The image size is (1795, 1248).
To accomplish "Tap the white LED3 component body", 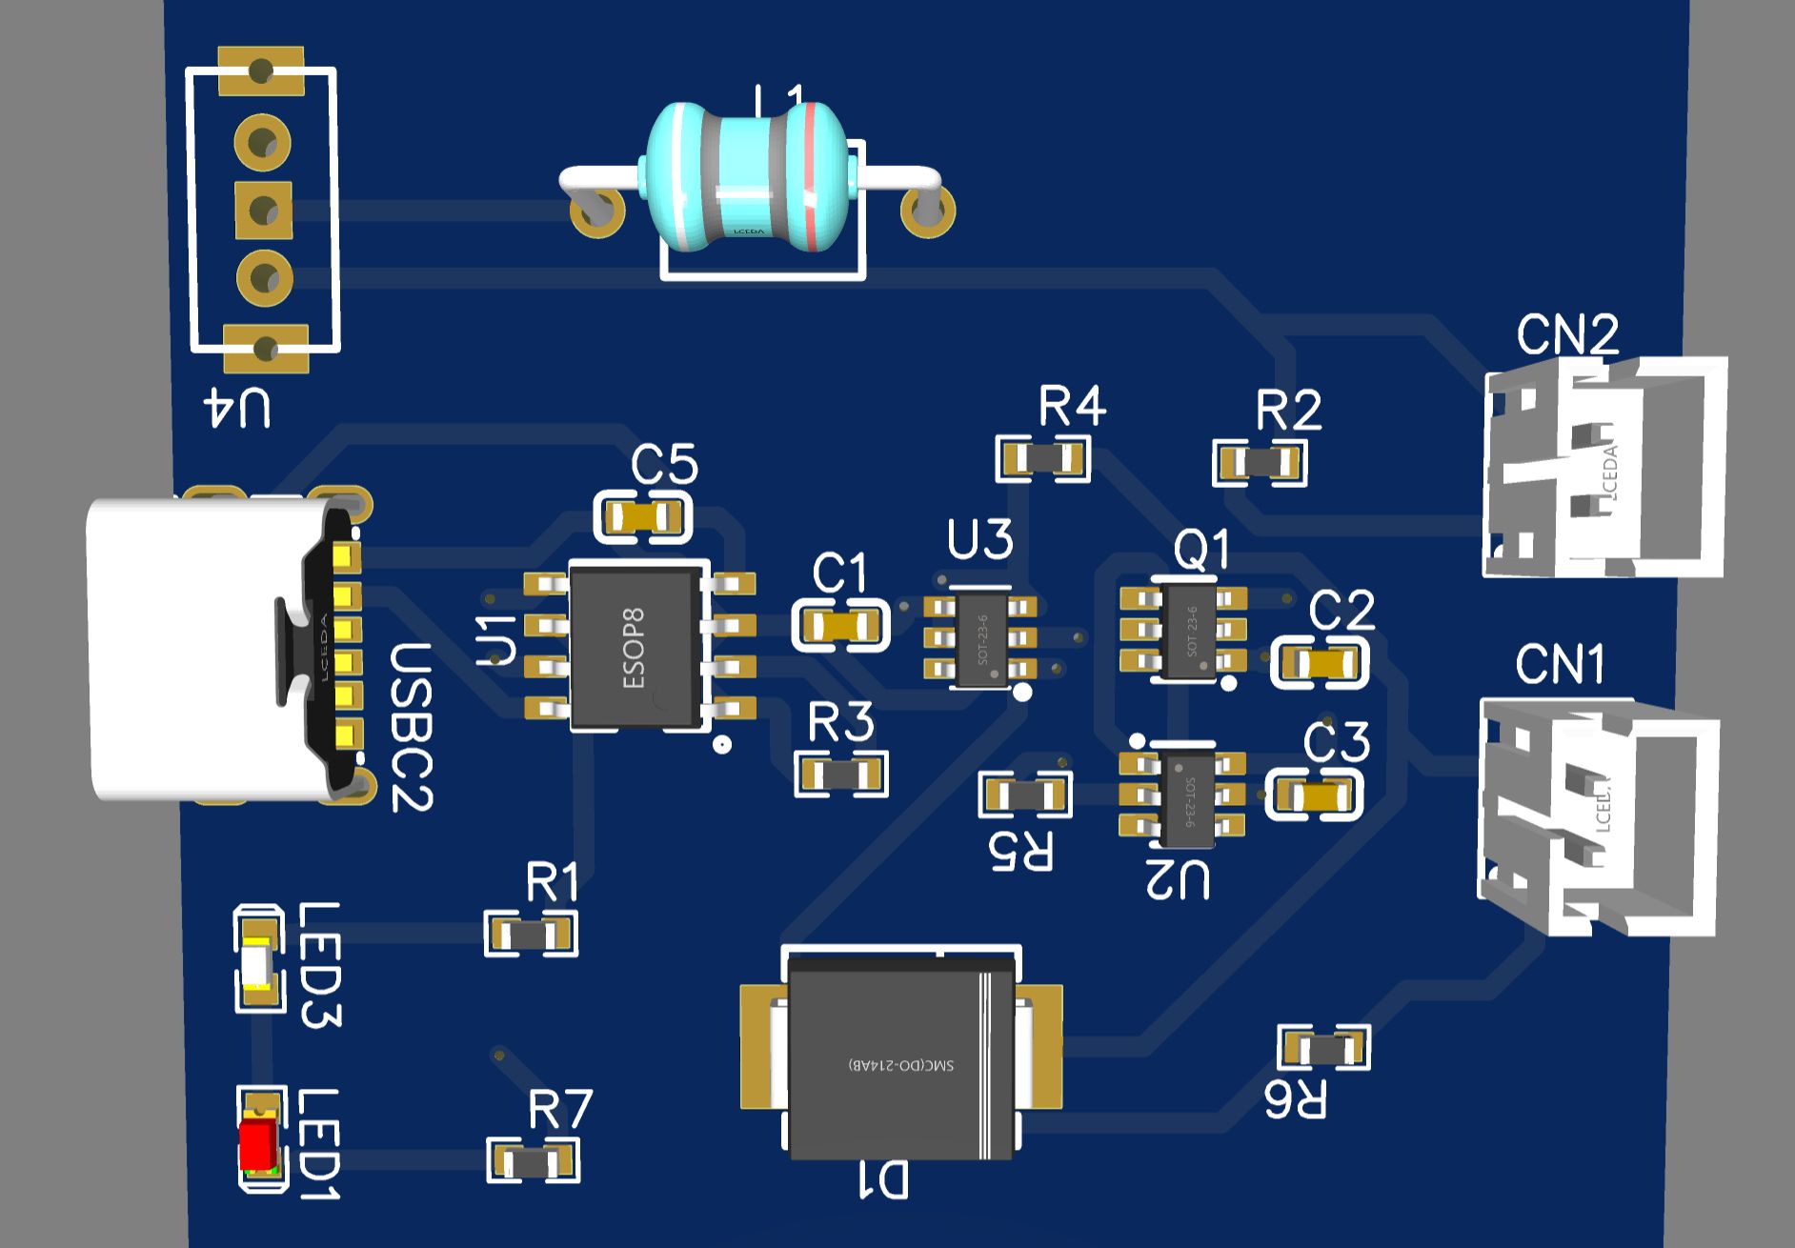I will click(x=259, y=961).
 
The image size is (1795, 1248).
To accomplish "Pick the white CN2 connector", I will click(x=1606, y=467).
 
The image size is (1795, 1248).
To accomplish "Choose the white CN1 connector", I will click(x=1599, y=815).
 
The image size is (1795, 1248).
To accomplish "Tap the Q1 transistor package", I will click(x=1190, y=631).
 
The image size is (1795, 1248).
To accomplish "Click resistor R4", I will click(x=1042, y=460).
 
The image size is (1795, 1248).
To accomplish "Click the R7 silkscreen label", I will click(x=560, y=1109).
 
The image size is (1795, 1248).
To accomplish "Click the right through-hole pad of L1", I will click(x=926, y=211).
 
